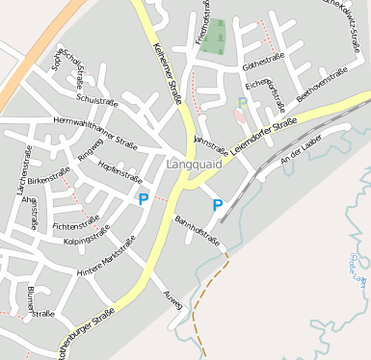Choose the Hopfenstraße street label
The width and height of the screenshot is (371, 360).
[119, 172]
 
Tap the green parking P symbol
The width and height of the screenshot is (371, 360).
[242, 101]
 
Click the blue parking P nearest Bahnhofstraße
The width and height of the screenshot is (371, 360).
[217, 205]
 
